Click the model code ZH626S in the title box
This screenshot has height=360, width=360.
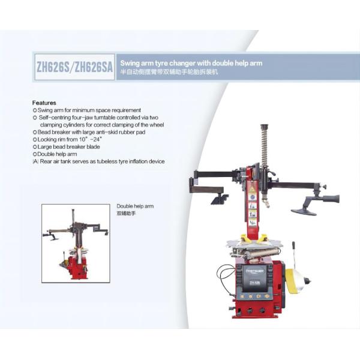click(52, 68)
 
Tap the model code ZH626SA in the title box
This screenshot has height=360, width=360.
click(92, 68)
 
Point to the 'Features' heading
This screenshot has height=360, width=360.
click(44, 103)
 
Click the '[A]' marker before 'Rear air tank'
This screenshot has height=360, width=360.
click(35, 161)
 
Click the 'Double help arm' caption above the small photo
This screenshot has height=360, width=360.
click(135, 206)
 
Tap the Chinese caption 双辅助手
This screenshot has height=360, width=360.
click(126, 213)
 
